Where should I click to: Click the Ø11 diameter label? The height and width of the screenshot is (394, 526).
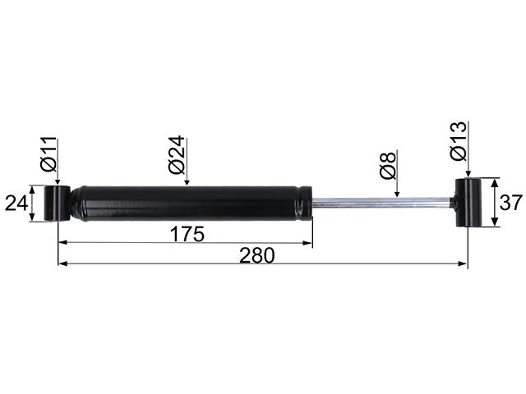tap(48, 154)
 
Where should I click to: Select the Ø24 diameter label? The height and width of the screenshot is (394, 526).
tap(177, 155)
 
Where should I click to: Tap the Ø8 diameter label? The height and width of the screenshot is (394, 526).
tap(388, 165)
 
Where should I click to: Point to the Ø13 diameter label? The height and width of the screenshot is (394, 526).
tap(459, 141)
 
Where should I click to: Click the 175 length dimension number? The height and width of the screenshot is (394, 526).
tap(187, 234)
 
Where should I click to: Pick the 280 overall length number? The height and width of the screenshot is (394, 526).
tap(257, 255)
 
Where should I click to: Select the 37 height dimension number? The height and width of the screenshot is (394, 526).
tap(511, 203)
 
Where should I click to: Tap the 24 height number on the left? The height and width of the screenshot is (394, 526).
tap(16, 203)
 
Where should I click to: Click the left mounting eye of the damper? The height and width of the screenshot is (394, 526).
tap(58, 203)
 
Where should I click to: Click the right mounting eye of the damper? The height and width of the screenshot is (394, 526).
tap(468, 203)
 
